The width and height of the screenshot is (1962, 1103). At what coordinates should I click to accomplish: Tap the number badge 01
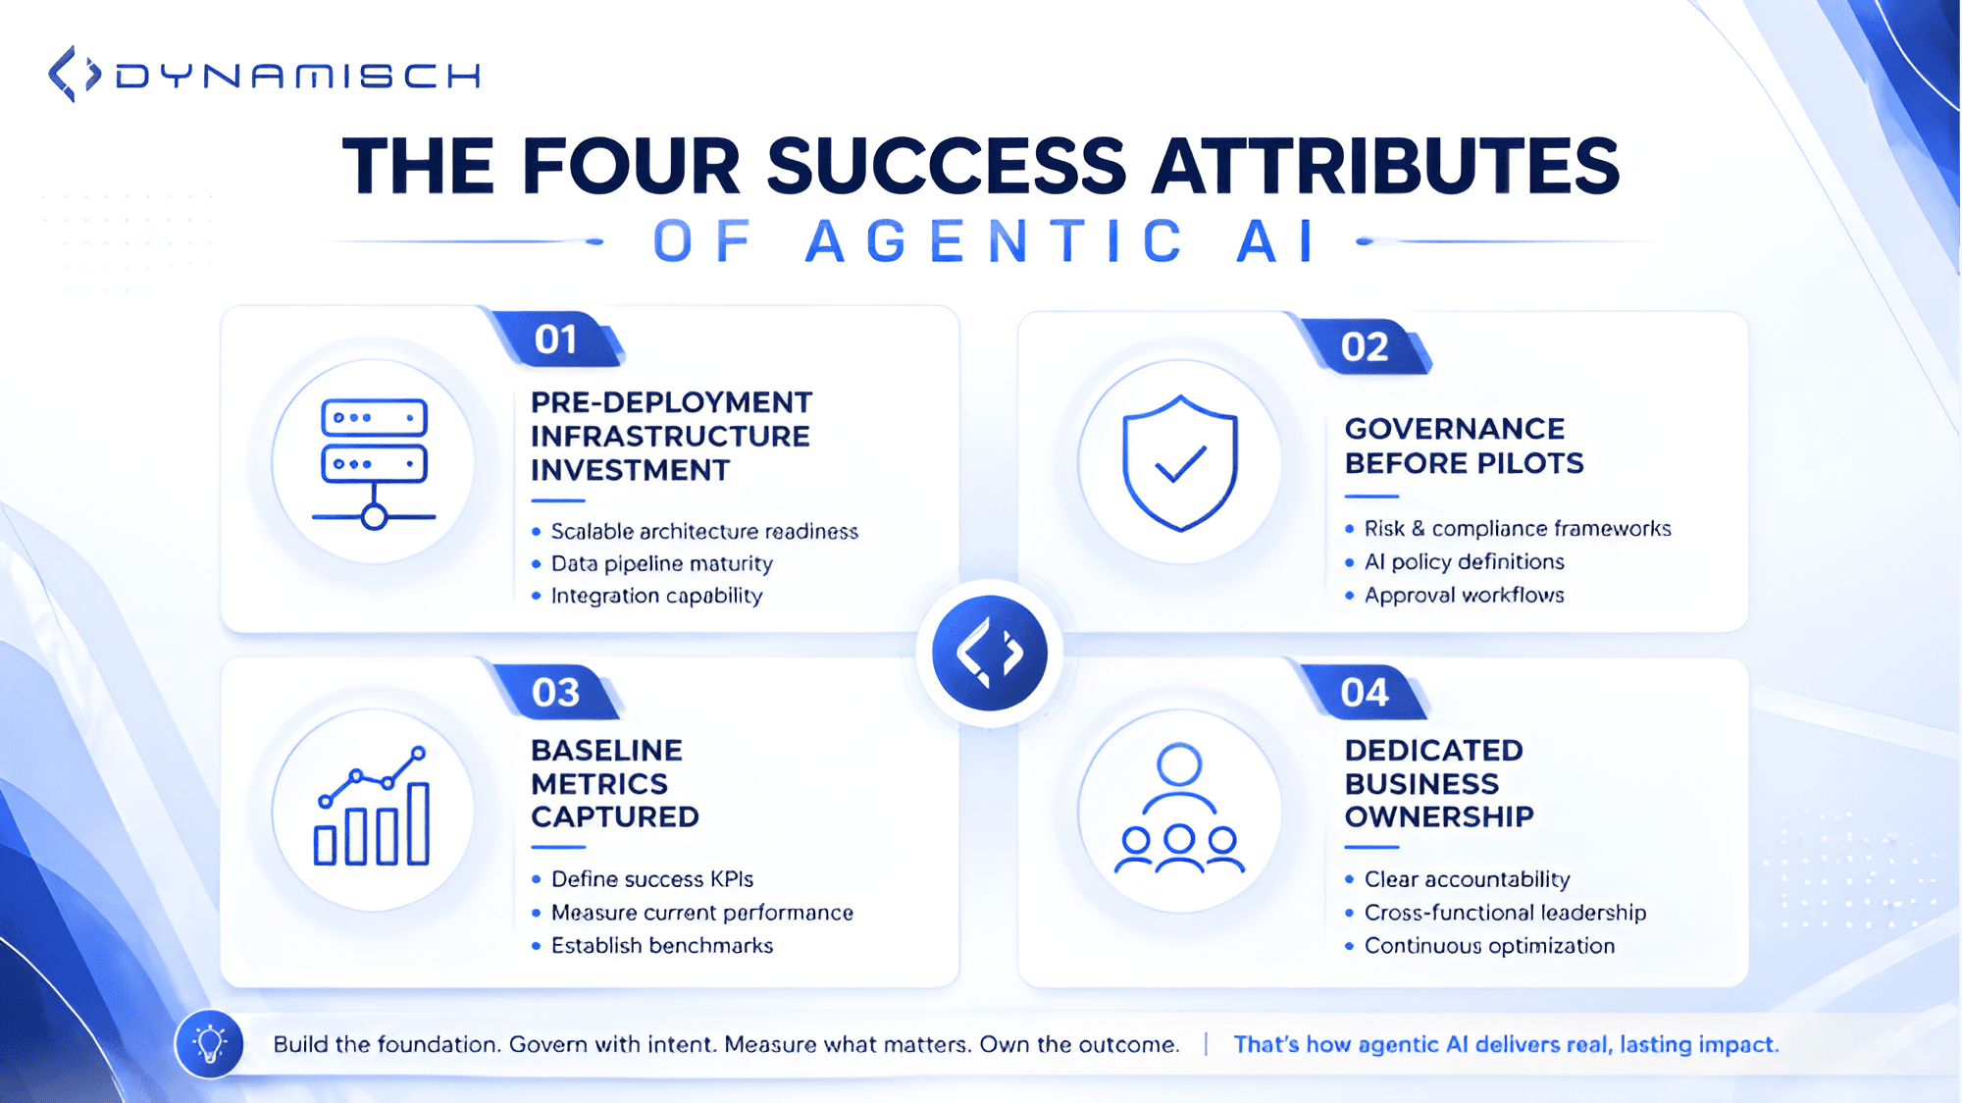pos(556,340)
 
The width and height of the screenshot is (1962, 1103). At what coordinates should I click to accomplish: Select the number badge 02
pos(1365,346)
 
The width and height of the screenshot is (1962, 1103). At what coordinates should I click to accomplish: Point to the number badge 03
pos(556,693)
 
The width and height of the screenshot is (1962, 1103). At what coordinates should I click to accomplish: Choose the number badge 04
pos(1365,693)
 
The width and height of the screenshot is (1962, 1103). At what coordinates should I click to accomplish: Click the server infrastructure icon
pos(374,462)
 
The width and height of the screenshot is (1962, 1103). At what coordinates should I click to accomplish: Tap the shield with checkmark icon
pos(1180,462)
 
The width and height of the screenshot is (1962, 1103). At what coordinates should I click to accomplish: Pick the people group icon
pos(1179,810)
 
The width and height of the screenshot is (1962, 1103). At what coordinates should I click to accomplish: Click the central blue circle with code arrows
pos(990,653)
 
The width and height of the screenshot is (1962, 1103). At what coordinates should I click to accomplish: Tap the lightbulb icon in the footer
pos(209,1044)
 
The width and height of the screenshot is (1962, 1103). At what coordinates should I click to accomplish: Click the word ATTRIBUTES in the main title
pos(1385,166)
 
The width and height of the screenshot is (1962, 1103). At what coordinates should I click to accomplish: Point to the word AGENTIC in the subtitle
pos(996,241)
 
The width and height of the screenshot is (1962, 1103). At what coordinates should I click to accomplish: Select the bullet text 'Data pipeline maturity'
pos(662,563)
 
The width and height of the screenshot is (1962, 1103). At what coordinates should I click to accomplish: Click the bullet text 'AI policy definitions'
pos(1465,561)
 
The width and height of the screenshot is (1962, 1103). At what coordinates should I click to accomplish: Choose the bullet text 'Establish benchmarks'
pos(662,945)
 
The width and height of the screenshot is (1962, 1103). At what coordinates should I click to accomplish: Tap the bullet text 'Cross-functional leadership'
pos(1505,913)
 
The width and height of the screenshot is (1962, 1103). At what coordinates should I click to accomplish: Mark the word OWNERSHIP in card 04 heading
pos(1439,816)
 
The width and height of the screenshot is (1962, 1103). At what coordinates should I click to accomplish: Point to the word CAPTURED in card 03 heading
pos(615,816)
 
